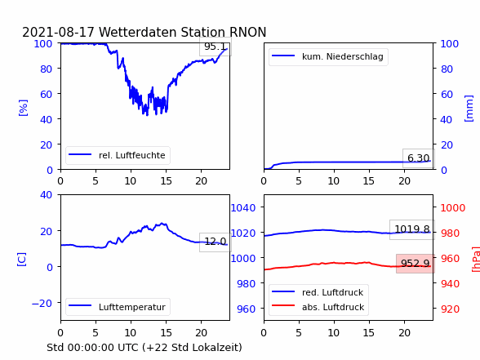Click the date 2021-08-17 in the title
(58, 32)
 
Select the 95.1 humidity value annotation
(216, 47)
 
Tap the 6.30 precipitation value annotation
(419, 158)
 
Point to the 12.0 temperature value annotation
(216, 242)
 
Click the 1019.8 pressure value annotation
(412, 229)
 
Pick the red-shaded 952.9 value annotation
(416, 263)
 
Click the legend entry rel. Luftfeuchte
(118, 155)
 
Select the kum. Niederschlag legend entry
(328, 56)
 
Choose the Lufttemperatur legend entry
(118, 307)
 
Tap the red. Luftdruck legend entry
(318, 292)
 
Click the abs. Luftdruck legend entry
(318, 307)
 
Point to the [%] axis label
(23, 108)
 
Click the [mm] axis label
(469, 109)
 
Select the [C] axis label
(22, 260)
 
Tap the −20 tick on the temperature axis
(42, 304)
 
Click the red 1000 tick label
(453, 208)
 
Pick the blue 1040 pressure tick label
(243, 208)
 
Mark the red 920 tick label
(450, 309)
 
